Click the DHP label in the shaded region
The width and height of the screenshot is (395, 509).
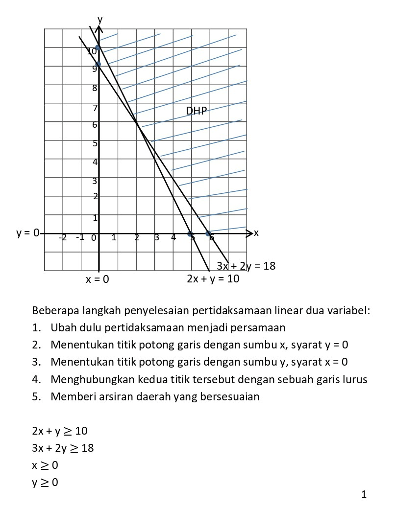[197, 111]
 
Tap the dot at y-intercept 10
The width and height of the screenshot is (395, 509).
[98, 47]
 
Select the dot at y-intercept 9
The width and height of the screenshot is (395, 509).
[98, 64]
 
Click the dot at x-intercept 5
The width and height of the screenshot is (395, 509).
[191, 234]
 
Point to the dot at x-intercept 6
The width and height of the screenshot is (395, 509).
[208, 234]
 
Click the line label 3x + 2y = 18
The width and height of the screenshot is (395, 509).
[246, 266]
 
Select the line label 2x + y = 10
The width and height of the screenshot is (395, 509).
[213, 279]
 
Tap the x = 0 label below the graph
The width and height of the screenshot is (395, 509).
[97, 280]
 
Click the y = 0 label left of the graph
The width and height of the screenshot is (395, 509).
[28, 233]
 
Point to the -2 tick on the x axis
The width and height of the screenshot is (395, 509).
[62, 238]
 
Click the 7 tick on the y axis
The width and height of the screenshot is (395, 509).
[96, 108]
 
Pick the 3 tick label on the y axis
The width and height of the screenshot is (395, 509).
[95, 181]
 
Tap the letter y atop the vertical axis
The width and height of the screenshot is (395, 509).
[100, 19]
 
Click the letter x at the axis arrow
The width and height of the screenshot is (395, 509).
[256, 233]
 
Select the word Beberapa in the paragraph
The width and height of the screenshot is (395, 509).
[51, 311]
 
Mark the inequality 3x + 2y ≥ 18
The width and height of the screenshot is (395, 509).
[62, 448]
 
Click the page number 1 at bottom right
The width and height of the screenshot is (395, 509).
[364, 494]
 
